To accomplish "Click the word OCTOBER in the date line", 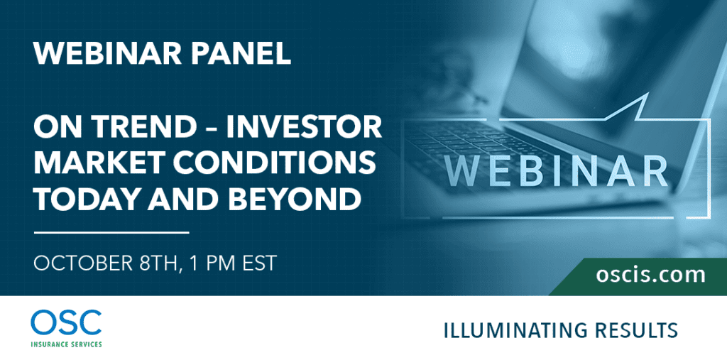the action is [75, 263].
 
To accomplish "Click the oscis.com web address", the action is [650, 275].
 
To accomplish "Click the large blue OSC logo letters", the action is [66, 323].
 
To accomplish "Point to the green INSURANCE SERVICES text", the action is [66, 344].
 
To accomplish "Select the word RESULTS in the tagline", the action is [640, 330].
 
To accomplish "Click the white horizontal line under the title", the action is [111, 232].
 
